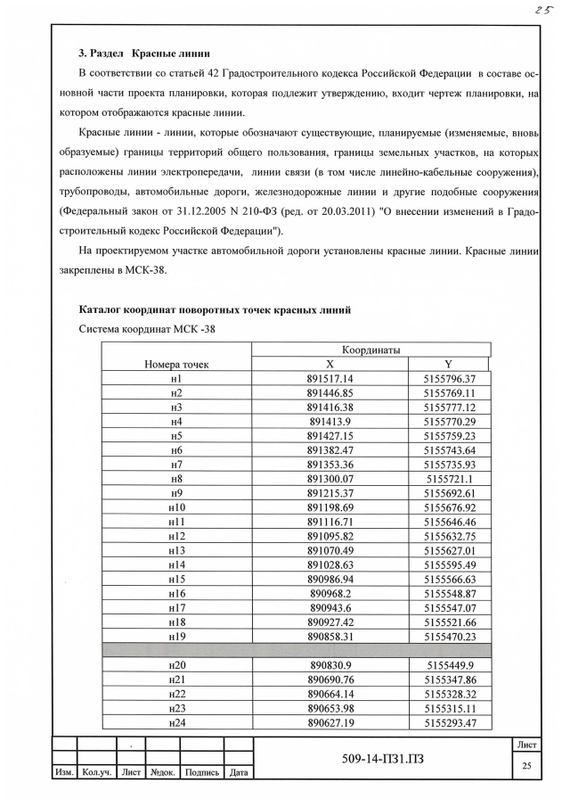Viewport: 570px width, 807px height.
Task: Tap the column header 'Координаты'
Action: [370, 349]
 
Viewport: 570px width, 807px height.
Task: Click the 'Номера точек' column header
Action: [176, 364]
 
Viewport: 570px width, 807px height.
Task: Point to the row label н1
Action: [176, 378]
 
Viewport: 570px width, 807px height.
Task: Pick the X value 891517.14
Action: [330, 378]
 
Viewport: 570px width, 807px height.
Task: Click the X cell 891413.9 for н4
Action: [330, 421]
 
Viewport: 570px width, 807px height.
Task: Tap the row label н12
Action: [176, 536]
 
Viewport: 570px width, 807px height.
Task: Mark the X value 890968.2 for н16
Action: [330, 593]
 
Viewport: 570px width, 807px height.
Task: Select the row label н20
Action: [176, 665]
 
